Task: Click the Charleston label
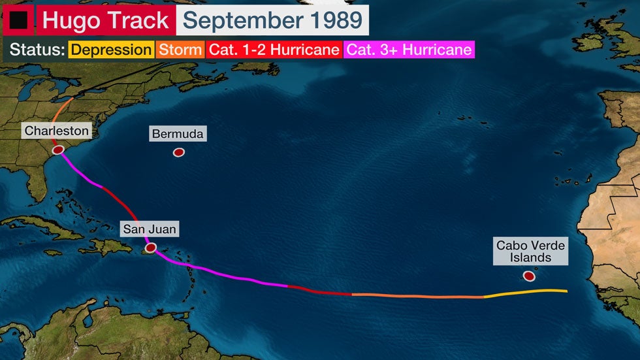pos(56,131)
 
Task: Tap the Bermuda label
pos(178,134)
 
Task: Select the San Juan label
pos(150,229)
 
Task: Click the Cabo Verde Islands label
pos(530,252)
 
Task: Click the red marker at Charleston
pos(58,150)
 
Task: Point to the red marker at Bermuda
pos(178,152)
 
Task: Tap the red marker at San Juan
pos(151,248)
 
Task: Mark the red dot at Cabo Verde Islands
pos(529,276)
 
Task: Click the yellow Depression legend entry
pos(110,50)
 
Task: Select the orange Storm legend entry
pos(180,50)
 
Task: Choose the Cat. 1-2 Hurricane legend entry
pos(274,50)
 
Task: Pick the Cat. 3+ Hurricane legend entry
pos(408,50)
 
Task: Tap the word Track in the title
pos(136,20)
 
